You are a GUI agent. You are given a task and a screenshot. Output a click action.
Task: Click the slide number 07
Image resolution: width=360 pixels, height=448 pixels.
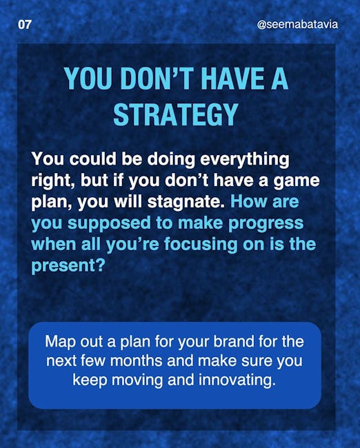point(24,25)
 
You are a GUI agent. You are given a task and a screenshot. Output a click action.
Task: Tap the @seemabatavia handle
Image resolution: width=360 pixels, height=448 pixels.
point(297,25)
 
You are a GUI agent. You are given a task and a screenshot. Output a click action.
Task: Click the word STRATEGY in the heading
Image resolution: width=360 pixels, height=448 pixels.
point(176,114)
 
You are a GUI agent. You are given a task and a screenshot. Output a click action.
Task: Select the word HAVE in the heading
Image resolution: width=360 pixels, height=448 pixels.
point(232,79)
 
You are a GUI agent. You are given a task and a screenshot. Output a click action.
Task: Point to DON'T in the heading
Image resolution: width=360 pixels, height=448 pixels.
point(156,79)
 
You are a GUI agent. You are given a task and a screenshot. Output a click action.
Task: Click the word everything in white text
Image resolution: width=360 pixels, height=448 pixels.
point(244,159)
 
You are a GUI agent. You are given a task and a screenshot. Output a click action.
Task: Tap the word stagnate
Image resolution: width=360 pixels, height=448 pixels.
point(186,202)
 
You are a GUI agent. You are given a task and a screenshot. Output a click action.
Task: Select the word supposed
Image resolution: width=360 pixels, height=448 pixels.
point(109,224)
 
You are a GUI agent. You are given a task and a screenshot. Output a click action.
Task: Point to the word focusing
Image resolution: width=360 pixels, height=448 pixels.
point(201,245)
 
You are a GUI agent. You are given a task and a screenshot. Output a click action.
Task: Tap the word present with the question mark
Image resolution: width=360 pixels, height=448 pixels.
point(68,266)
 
